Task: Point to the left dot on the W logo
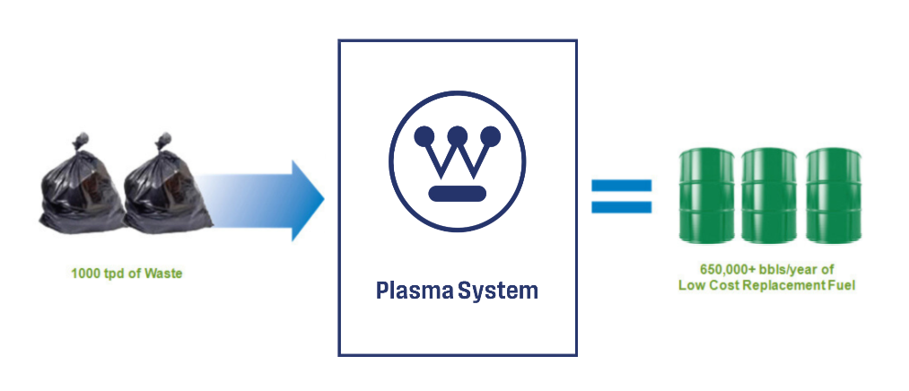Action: coord(423,135)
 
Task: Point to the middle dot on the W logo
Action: coord(457,135)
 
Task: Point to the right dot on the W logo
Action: coord(491,135)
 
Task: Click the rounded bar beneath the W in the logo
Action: coord(457,192)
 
